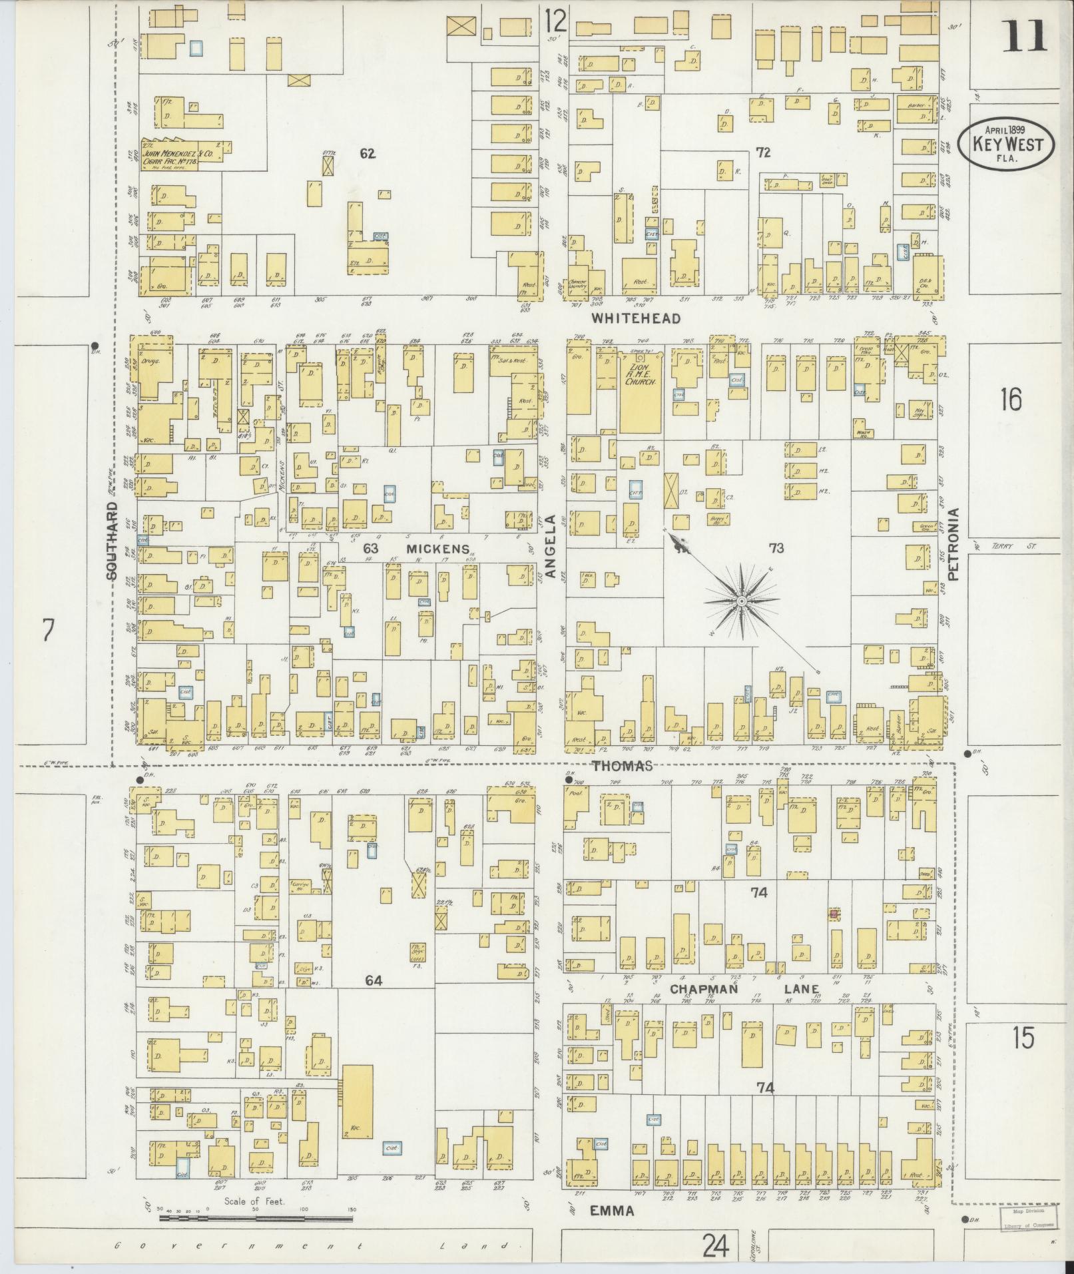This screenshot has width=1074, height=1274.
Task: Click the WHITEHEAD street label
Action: [x=637, y=318]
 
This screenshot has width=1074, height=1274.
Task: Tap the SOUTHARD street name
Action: [x=113, y=541]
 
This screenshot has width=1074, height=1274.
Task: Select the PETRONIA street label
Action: [x=953, y=545]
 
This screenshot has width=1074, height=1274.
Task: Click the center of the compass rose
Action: [x=740, y=601]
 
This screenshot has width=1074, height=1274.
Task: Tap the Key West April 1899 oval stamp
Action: [x=1005, y=143]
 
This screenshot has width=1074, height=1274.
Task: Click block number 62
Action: [x=368, y=154]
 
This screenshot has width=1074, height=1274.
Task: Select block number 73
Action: [x=776, y=548]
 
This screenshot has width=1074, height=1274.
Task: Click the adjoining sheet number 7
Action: [x=47, y=630]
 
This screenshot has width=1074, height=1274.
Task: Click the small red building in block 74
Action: [x=833, y=914]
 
